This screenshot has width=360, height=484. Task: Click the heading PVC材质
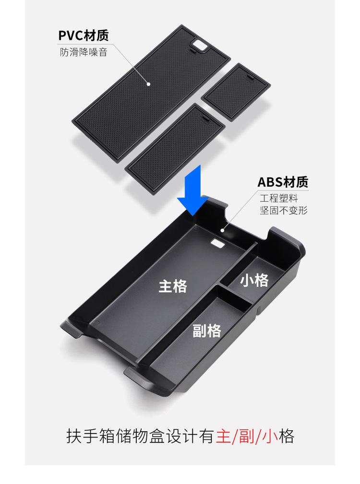point(83,35)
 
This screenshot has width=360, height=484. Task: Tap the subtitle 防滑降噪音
point(84,52)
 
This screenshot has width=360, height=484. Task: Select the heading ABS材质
point(283,182)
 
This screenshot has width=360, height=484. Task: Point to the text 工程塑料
point(279,198)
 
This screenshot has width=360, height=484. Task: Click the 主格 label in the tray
point(173,286)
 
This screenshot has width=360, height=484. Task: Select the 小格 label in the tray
point(254,280)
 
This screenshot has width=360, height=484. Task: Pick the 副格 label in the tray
point(207,331)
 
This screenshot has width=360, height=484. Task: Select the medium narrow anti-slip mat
point(175,148)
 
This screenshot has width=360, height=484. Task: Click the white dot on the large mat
point(149,84)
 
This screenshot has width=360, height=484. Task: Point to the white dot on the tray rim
point(223,230)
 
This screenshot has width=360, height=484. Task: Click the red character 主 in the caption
point(223,437)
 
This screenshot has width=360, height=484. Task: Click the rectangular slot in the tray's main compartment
point(218,243)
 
